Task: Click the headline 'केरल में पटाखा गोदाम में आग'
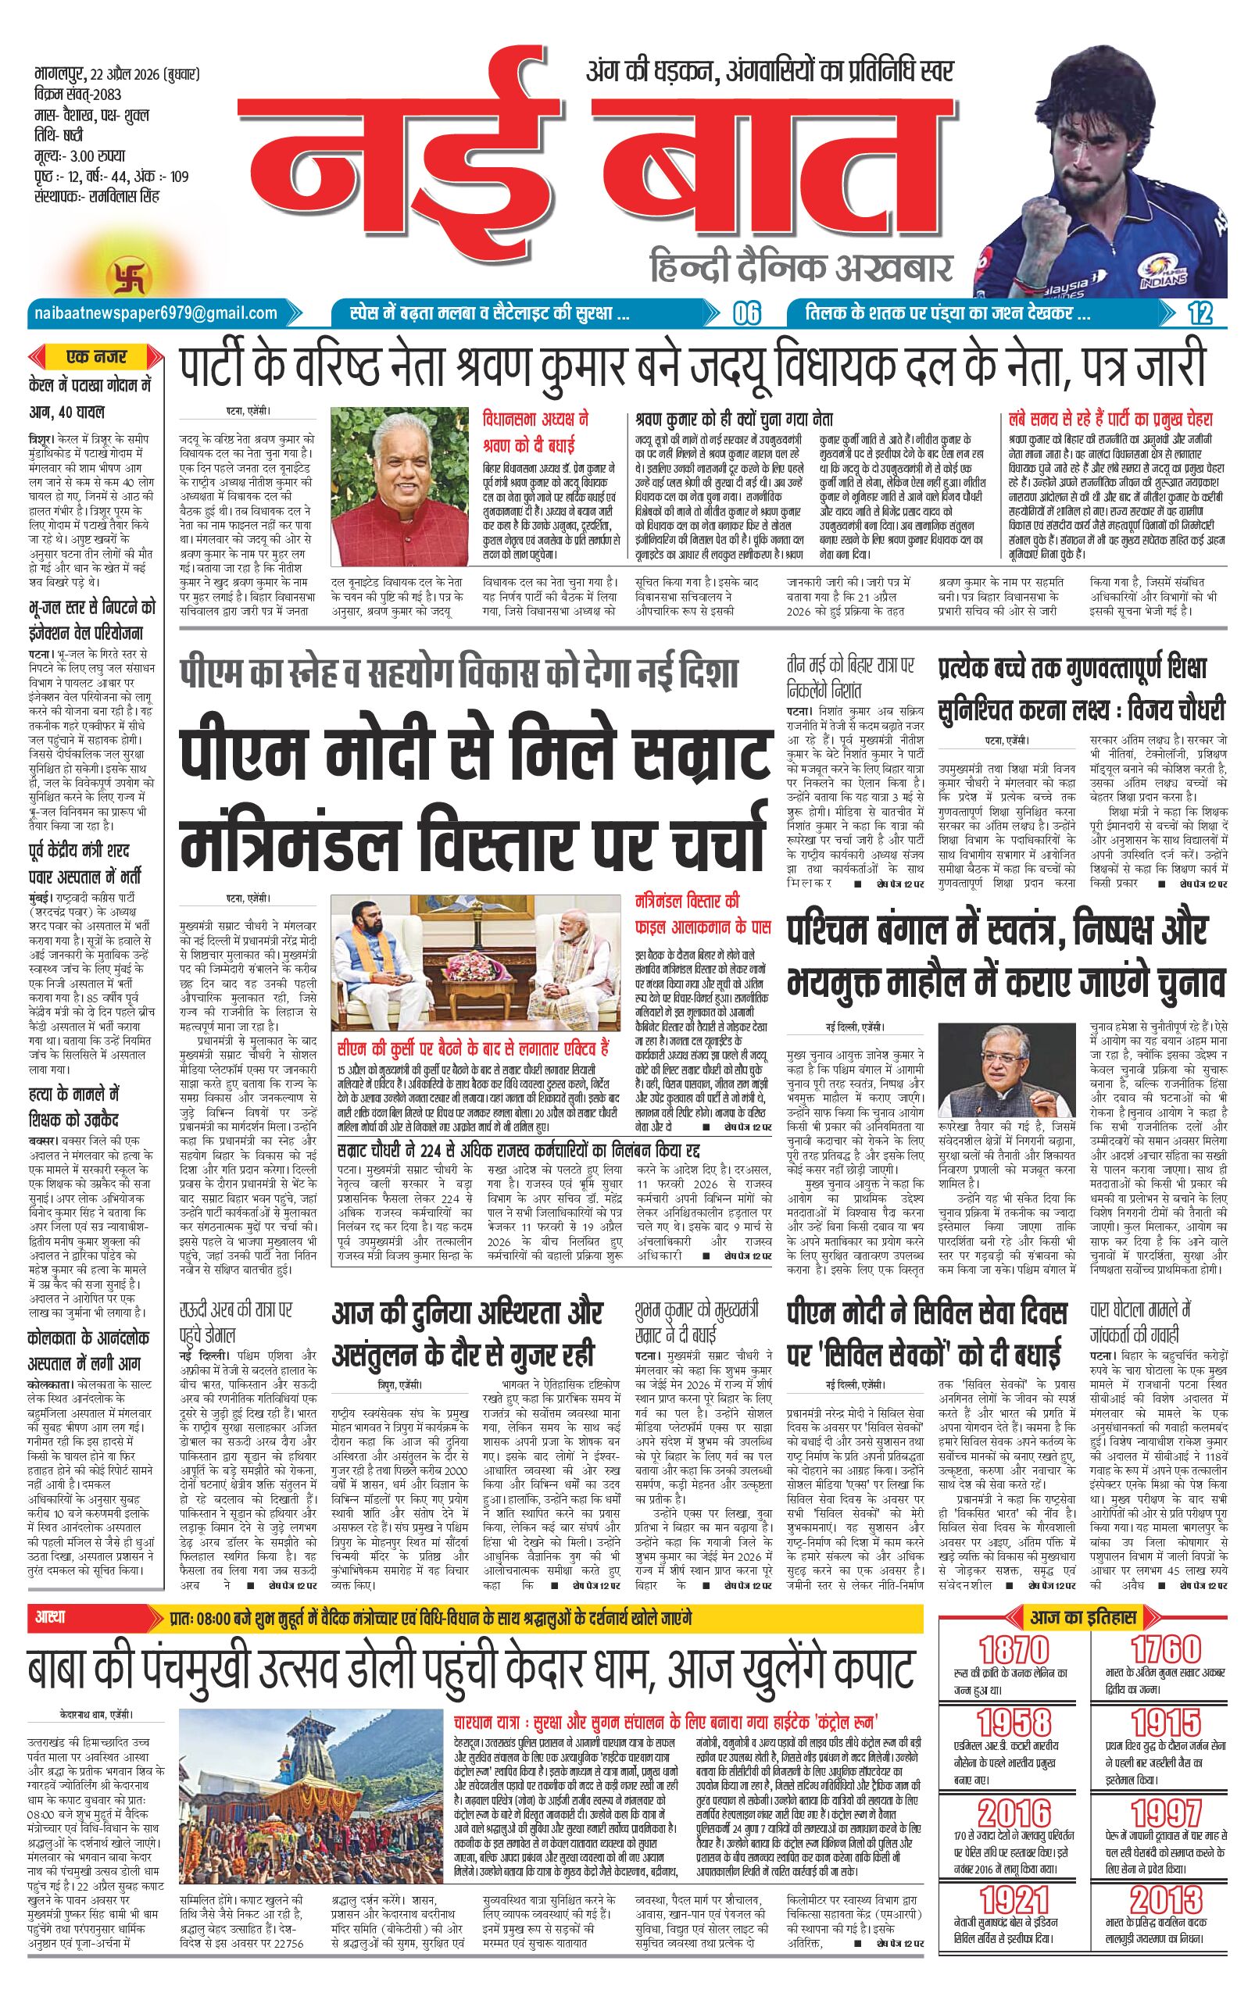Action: pyautogui.click(x=88, y=398)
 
